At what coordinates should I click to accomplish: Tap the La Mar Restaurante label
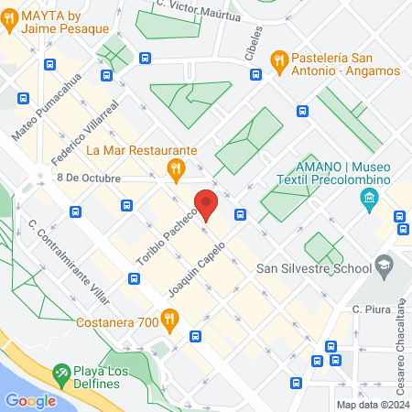coord(129,149)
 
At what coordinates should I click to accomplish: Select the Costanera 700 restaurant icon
coord(169,319)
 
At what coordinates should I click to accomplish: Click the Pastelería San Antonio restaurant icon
coord(279,61)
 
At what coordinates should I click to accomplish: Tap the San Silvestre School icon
coord(385,266)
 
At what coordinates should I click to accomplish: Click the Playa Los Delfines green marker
coord(62,374)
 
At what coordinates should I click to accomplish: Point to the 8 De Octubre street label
coord(88,178)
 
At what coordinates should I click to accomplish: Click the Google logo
coord(30,400)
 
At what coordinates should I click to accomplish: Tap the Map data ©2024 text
coord(371,405)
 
